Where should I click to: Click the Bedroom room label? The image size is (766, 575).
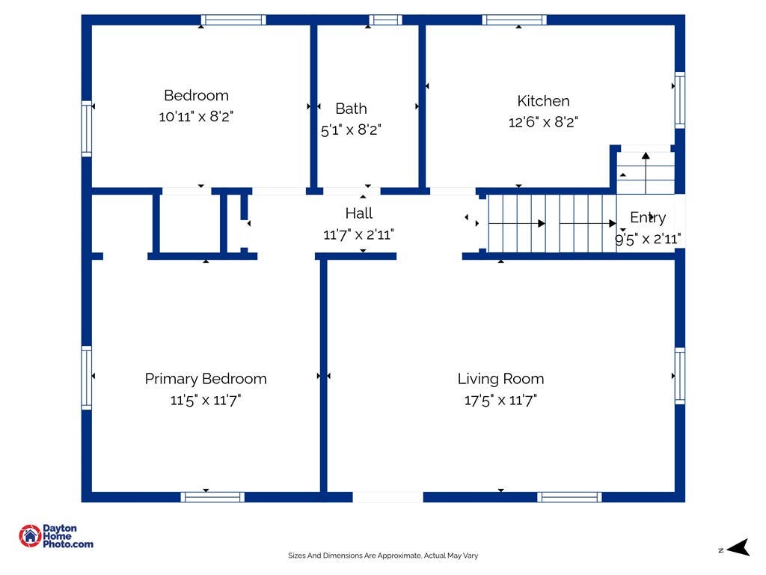click(x=197, y=95)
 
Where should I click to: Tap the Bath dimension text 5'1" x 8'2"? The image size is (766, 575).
click(x=351, y=130)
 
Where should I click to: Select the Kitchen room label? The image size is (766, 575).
click(x=543, y=101)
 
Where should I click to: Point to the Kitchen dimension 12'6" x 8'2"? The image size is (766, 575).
click(x=543, y=122)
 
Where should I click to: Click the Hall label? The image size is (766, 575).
click(x=359, y=213)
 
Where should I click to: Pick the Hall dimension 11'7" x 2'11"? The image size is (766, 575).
click(x=358, y=234)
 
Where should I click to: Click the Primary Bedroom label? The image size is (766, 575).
click(x=206, y=380)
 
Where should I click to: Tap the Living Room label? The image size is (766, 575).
click(x=500, y=379)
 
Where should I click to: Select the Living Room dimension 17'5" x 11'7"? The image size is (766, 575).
click(x=500, y=401)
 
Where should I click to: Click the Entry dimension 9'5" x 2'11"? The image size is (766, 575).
click(x=648, y=239)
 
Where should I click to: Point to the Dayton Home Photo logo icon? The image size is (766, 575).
click(x=30, y=536)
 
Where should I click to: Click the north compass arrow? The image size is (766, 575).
click(x=738, y=547)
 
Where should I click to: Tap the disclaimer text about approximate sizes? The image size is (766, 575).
click(x=383, y=556)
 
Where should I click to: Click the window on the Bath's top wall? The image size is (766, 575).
click(x=385, y=20)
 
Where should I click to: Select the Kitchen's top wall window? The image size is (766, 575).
click(x=515, y=20)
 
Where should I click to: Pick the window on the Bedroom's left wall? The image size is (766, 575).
click(x=87, y=129)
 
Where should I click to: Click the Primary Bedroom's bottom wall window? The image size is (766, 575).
click(x=212, y=497)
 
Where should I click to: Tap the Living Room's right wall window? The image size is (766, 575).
click(x=679, y=376)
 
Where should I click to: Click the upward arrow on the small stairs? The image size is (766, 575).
click(x=646, y=173)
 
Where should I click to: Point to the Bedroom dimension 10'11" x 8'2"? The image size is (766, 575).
click(x=196, y=116)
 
